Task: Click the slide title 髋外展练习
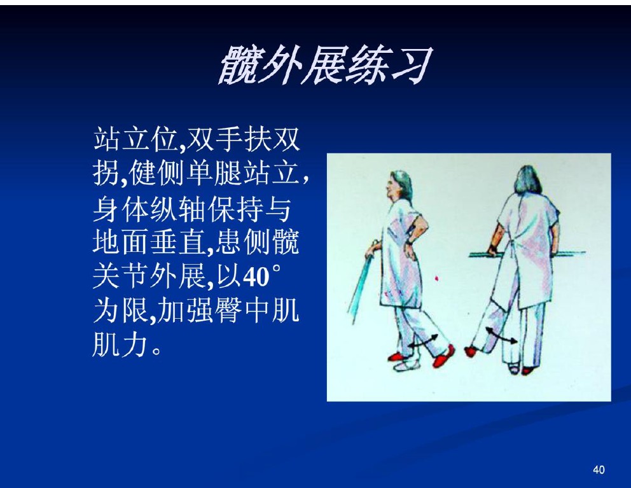point(325,64)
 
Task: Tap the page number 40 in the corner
point(599,470)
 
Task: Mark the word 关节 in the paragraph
point(121,277)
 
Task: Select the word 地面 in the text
point(121,243)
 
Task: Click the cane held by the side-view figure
point(362,282)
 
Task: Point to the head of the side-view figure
point(398,186)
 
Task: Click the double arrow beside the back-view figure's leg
point(501,336)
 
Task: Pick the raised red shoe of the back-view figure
point(471,352)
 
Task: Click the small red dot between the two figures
point(437,278)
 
